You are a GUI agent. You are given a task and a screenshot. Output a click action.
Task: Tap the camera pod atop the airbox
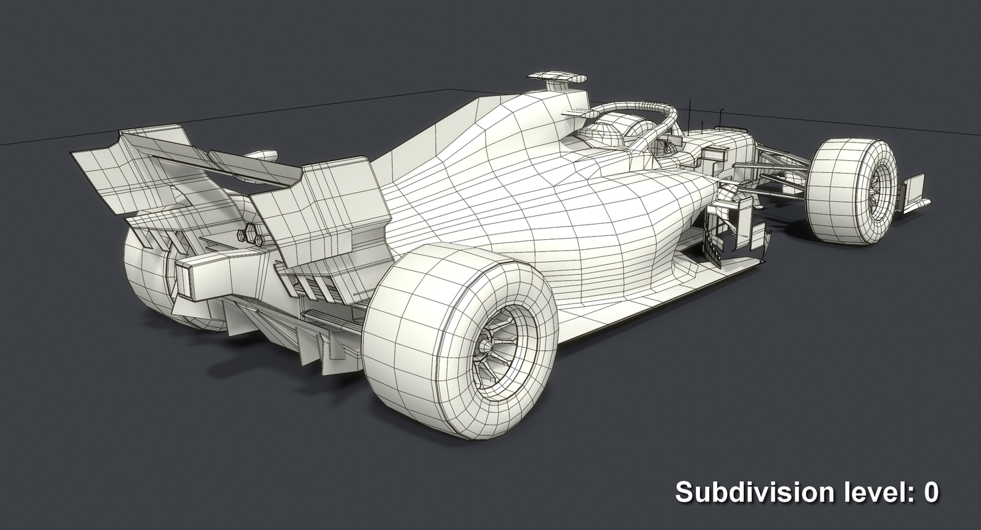click(x=557, y=79)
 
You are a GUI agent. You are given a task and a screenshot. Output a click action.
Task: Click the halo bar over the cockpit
click(x=636, y=109)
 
